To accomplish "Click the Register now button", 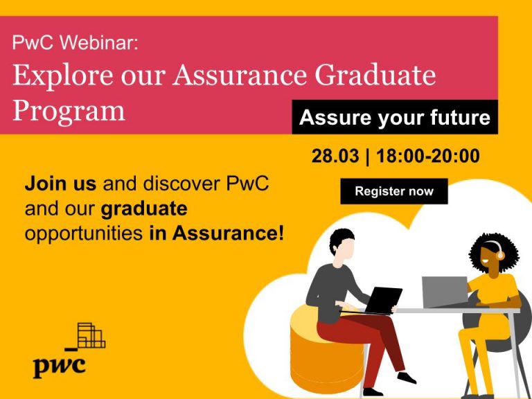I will (393, 191).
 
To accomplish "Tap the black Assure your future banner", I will (394, 118).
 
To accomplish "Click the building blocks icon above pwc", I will (90, 335).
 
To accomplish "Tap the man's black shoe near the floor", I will (406, 378).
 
